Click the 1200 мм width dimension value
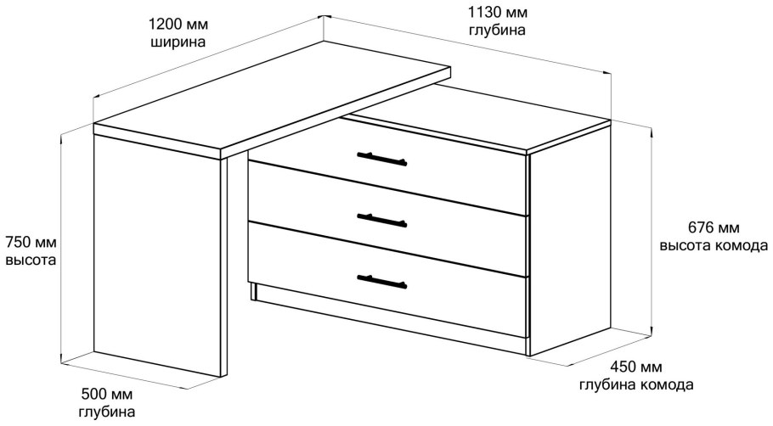178,24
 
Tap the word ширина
178,42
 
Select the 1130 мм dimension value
498,11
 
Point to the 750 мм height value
31,243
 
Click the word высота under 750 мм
31,260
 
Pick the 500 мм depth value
107,394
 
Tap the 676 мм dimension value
714,227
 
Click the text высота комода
714,245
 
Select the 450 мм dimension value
636,367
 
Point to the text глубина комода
636,384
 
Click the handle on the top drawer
382,159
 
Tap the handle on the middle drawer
382,220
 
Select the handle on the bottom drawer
382,281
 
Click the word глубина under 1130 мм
498,30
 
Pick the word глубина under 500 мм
107,412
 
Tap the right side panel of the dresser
570,238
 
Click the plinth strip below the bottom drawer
389,319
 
